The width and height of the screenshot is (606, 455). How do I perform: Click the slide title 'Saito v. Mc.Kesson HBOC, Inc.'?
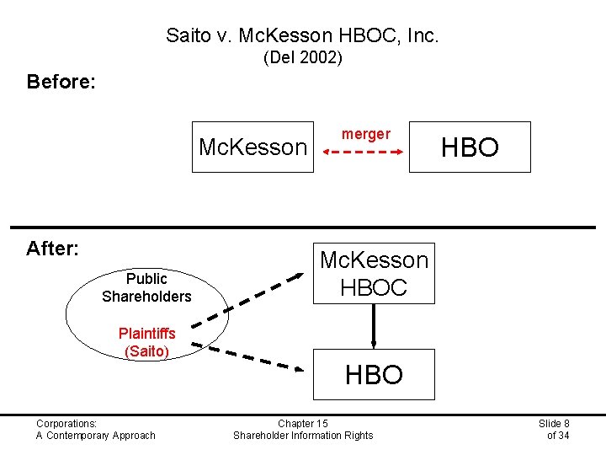302,35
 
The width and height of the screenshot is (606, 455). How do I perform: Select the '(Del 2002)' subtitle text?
302,59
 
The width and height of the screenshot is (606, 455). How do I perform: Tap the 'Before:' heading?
61,82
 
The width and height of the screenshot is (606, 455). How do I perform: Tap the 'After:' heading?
52,249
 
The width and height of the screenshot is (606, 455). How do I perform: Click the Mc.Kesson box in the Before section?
252,147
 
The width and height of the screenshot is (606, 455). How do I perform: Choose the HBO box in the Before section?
470,147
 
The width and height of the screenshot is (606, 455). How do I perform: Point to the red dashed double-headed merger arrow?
362,153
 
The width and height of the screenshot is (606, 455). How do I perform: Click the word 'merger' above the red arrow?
365,134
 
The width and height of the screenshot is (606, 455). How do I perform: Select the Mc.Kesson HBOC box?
374,273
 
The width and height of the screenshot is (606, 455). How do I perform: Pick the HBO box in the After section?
374,374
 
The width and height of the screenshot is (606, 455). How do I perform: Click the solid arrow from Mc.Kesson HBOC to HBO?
374,325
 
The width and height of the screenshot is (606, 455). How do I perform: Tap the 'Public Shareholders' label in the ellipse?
146,287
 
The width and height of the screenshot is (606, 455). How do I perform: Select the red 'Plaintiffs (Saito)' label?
146,342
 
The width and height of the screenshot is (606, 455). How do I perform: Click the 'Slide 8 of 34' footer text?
554,429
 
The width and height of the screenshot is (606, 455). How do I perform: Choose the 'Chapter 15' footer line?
303,423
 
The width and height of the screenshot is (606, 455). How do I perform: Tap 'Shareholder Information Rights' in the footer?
303,435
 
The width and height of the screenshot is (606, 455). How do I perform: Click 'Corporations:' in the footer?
66,423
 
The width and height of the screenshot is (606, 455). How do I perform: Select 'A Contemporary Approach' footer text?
95,435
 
